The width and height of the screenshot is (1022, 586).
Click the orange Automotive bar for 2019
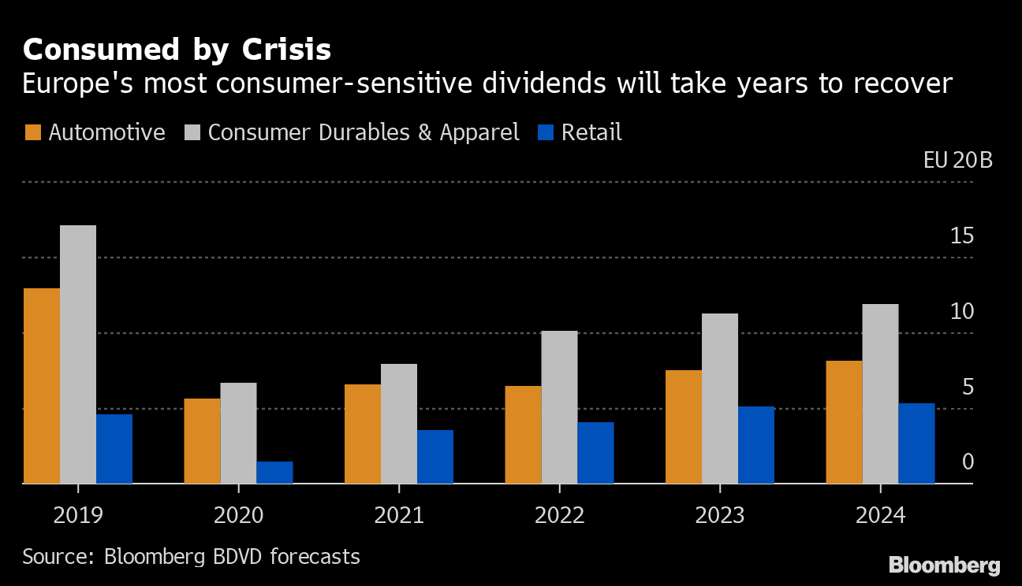tap(41, 386)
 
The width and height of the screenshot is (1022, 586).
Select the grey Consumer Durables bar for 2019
tap(78, 354)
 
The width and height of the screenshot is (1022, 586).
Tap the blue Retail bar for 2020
tap(274, 473)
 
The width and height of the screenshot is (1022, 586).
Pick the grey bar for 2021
tap(399, 424)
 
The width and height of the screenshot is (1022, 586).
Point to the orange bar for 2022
tap(523, 435)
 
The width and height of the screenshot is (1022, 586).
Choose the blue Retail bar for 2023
tap(756, 445)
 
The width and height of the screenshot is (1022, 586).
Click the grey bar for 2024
tap(880, 394)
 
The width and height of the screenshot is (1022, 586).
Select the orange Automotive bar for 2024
tap(844, 422)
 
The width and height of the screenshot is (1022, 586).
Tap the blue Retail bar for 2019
tap(114, 449)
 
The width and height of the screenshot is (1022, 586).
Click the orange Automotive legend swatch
tap(32, 132)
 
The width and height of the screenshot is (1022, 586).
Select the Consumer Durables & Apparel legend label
tap(364, 132)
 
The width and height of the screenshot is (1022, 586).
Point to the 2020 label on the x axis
tap(239, 516)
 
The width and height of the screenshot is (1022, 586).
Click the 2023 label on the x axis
tap(720, 516)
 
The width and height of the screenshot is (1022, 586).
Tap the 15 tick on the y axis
tap(962, 236)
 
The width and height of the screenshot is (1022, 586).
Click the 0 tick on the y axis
tap(968, 462)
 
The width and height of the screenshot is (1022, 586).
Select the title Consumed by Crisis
tap(177, 50)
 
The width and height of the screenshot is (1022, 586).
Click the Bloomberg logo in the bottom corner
tap(944, 565)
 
